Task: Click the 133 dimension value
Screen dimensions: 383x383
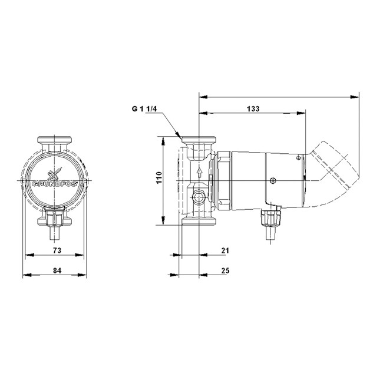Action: [x=253, y=108]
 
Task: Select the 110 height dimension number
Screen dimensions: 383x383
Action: [x=159, y=178]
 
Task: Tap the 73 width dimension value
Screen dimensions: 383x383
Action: [x=57, y=250]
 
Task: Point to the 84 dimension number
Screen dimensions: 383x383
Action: [x=57, y=270]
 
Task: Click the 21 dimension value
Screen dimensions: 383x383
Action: [x=225, y=250]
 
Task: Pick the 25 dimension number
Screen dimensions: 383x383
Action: [x=225, y=270]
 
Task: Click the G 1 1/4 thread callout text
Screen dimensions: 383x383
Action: [x=144, y=108]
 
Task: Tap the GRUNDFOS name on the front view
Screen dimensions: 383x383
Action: [x=55, y=184]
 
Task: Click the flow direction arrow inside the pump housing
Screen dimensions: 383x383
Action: [x=200, y=172]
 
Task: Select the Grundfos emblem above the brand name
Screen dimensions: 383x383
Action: [x=55, y=174]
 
